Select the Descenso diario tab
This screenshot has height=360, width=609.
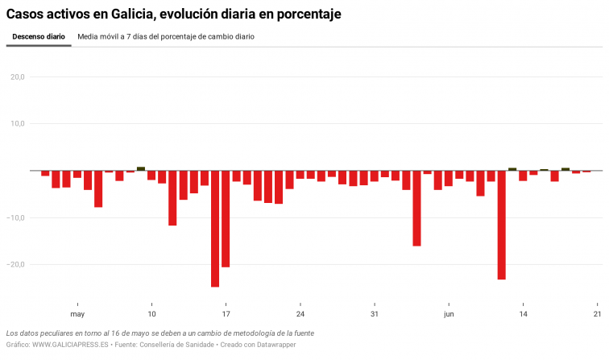click(39, 37)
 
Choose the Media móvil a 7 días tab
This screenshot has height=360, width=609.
click(166, 37)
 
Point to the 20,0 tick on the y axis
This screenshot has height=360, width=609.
click(17, 77)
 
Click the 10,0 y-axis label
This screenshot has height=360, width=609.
click(17, 124)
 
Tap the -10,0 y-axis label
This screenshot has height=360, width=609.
click(16, 217)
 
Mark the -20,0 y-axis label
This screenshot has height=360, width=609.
click(16, 264)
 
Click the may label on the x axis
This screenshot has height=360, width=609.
click(77, 314)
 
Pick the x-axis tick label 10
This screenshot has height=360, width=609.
click(151, 314)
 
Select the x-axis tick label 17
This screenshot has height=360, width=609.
click(226, 314)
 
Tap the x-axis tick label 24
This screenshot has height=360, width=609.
click(300, 314)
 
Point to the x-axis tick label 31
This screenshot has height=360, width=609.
click(374, 314)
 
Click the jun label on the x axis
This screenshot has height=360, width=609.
click(449, 314)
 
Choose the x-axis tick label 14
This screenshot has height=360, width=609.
click(523, 314)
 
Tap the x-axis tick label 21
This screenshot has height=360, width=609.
click(597, 314)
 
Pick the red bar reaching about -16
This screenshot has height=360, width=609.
click(416, 209)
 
